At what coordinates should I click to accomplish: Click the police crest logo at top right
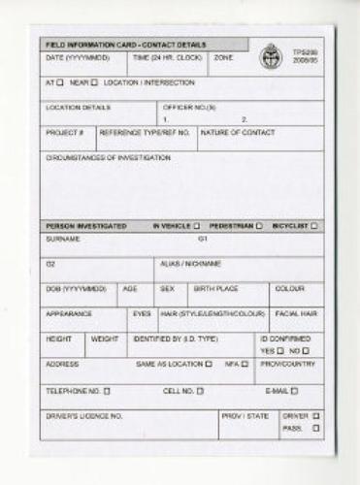pyautogui.click(x=270, y=54)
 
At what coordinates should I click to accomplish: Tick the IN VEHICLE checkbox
pyautogui.click(x=196, y=226)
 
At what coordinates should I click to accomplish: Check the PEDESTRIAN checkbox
pyautogui.click(x=258, y=226)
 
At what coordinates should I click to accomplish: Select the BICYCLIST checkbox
pyautogui.click(x=313, y=226)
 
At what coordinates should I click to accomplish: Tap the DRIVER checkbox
pyautogui.click(x=316, y=416)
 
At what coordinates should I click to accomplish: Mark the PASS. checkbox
pyautogui.click(x=316, y=428)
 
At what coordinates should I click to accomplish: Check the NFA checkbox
pyautogui.click(x=245, y=365)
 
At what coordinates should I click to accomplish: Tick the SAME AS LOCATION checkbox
pyautogui.click(x=208, y=365)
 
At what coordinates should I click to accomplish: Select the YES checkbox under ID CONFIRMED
pyautogui.click(x=279, y=350)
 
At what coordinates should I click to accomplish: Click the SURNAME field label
pyautogui.click(x=62, y=239)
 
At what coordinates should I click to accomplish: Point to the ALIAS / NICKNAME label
pyautogui.click(x=190, y=264)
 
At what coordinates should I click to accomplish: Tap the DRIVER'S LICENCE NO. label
pyautogui.click(x=84, y=416)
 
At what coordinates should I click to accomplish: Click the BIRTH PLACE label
pyautogui.click(x=215, y=289)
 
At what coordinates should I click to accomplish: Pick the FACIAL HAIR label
pyautogui.click(x=296, y=314)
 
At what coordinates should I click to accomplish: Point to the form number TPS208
pyautogui.click(x=304, y=50)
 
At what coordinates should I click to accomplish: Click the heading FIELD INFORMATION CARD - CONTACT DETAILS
pyautogui.click(x=120, y=46)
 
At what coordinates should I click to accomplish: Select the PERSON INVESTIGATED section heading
pyautogui.click(x=86, y=226)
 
